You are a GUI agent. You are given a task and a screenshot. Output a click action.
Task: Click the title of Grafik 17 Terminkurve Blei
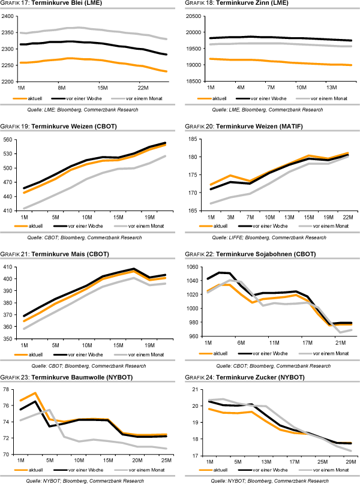click(52, 5)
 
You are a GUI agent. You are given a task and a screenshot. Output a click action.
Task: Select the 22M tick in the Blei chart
click(143, 87)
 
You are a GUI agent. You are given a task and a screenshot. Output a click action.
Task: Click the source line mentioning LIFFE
click(269, 238)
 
